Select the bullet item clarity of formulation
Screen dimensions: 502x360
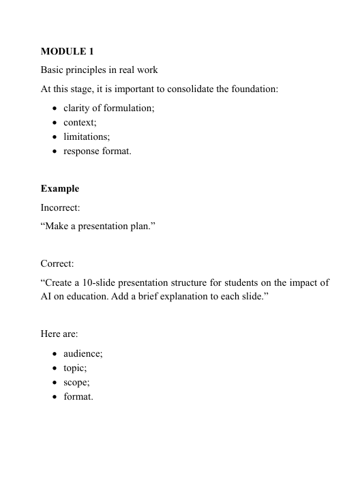(x=108, y=108)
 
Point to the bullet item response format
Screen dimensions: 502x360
(x=97, y=151)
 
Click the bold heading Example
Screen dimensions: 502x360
(x=60, y=188)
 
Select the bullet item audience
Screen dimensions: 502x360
(x=82, y=354)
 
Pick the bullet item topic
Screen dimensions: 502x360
(x=75, y=368)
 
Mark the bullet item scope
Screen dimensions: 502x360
(x=76, y=383)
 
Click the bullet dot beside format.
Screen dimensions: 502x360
(x=54, y=397)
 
